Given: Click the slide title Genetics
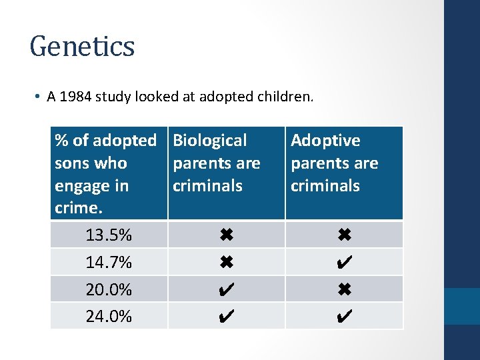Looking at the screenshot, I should (x=82, y=47).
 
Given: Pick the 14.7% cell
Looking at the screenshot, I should (x=109, y=263).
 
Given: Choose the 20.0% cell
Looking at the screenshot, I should (x=109, y=290).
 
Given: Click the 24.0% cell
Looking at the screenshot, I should (x=109, y=317).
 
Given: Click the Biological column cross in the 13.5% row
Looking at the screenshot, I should (x=226, y=235).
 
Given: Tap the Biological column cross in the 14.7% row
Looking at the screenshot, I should (x=226, y=262).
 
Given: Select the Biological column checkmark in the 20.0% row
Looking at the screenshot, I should (x=226, y=289).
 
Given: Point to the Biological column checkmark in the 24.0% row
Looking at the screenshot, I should (x=226, y=316).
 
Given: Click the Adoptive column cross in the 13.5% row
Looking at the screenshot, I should (x=344, y=235).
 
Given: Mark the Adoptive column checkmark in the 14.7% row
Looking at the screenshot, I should (x=344, y=262).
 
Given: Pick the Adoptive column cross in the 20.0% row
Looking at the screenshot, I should (x=344, y=289).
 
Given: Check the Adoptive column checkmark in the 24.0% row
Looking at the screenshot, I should (x=344, y=316).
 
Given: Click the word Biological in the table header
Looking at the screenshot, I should (x=209, y=141).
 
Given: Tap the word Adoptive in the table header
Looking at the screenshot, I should (x=325, y=141).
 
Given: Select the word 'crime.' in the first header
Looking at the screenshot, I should (x=77, y=208).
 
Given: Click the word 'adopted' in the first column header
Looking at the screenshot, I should (x=125, y=141).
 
